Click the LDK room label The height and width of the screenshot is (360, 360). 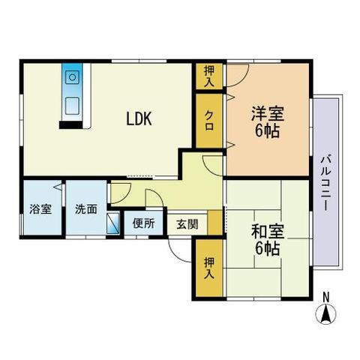[139, 118]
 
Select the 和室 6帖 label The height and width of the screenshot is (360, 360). [265, 239]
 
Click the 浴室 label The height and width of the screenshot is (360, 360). [41, 209]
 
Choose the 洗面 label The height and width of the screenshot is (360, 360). [85, 209]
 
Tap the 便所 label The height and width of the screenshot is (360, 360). [143, 223]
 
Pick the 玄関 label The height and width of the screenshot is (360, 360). [187, 223]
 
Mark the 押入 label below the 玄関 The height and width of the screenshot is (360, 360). [209, 268]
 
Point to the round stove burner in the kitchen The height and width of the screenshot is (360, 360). [72, 76]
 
